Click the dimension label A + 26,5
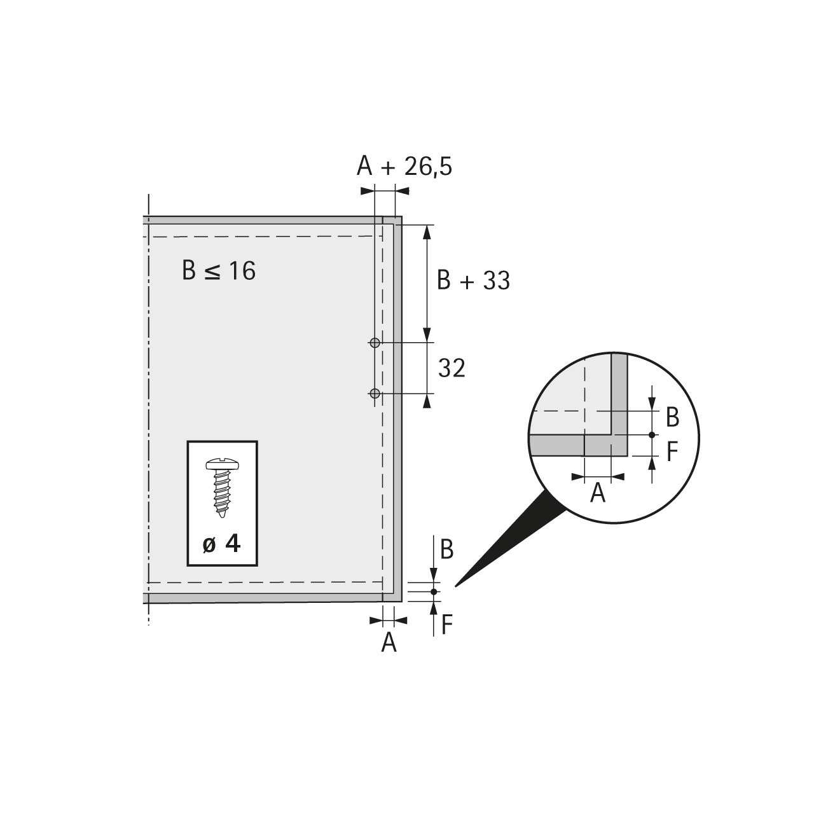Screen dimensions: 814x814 tap(404, 166)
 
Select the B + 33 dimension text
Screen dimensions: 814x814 tap(473, 280)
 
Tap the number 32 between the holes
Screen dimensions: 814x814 tap(452, 368)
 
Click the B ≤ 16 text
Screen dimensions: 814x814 tap(219, 270)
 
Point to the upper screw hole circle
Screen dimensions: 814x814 tap(375, 343)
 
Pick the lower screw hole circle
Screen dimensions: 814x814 tap(375, 394)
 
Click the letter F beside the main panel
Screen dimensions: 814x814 tap(447, 624)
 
